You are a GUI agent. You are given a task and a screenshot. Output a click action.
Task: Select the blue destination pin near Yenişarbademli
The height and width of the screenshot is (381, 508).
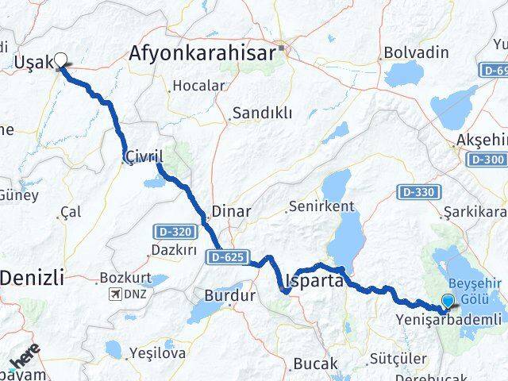tap(448, 302)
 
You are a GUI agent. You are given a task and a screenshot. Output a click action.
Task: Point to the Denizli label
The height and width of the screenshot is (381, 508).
tap(33, 278)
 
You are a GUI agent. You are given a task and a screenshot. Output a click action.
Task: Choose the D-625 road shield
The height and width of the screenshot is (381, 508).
tap(230, 257)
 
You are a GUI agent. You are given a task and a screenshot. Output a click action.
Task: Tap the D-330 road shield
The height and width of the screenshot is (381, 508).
tap(418, 192)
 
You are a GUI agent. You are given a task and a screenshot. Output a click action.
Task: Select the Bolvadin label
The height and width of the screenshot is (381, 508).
tap(415, 54)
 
